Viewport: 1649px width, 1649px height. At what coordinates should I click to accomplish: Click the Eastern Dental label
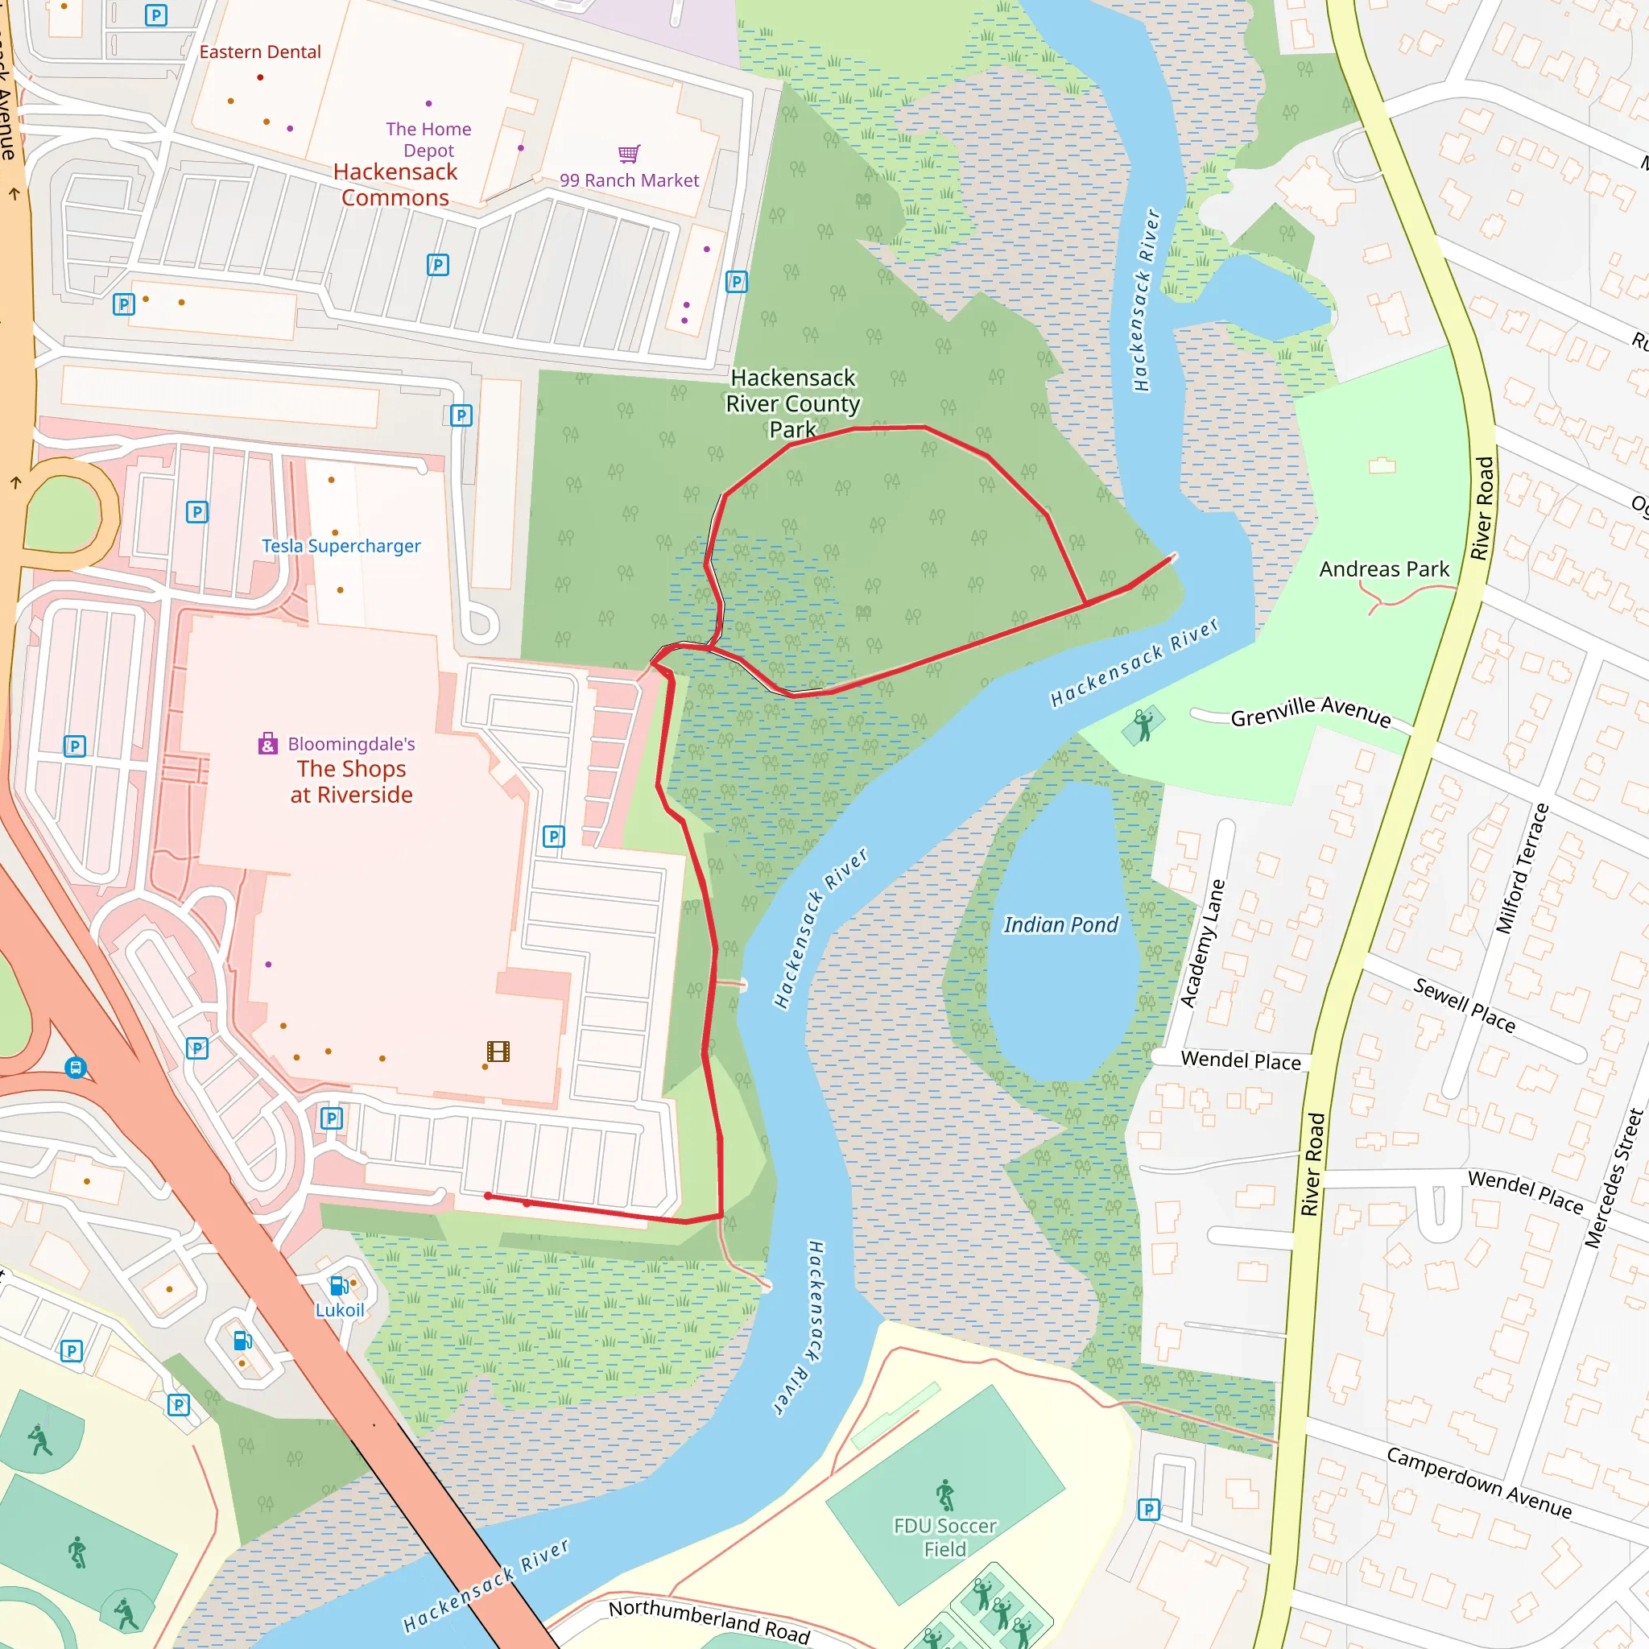(260, 52)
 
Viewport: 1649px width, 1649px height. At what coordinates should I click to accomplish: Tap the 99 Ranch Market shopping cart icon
(629, 154)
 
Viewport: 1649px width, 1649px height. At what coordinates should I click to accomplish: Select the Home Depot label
(428, 139)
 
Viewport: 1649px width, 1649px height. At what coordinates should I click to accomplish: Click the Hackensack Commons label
(395, 184)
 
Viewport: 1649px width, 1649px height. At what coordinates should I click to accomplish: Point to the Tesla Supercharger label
(341, 546)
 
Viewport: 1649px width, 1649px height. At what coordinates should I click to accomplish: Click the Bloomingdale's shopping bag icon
(268, 743)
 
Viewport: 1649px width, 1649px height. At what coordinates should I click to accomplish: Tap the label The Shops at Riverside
(352, 782)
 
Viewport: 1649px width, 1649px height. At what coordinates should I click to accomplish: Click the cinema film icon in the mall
(498, 1052)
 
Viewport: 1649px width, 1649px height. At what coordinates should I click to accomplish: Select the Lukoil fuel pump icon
(339, 1285)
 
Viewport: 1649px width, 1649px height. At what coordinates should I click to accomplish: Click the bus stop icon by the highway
(75, 1068)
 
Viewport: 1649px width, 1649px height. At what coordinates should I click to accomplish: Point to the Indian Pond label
(1060, 925)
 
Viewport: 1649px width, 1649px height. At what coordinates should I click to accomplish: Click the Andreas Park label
(1383, 569)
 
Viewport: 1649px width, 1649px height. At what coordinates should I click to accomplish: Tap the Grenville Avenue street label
(1310, 712)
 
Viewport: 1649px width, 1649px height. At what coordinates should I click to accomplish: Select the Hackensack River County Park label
(793, 403)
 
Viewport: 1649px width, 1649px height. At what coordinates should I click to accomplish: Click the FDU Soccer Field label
(944, 1537)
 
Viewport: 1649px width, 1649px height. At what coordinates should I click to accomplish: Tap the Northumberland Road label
(709, 1621)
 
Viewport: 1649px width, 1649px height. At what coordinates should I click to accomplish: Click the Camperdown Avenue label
(1478, 1482)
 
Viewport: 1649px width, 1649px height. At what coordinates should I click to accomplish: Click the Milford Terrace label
(1522, 868)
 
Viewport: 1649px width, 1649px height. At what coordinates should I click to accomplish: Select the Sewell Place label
(1464, 1006)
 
